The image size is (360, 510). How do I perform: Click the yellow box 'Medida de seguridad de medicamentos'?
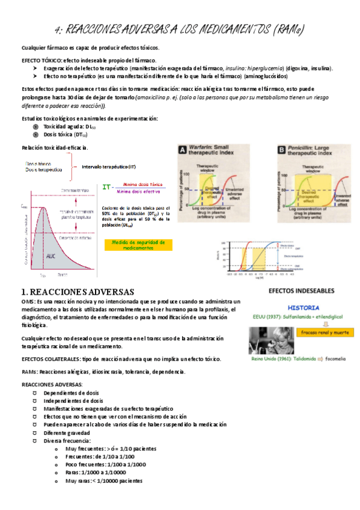142,245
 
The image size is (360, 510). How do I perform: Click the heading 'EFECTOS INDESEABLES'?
302,290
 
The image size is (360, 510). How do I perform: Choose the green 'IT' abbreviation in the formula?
108,188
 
